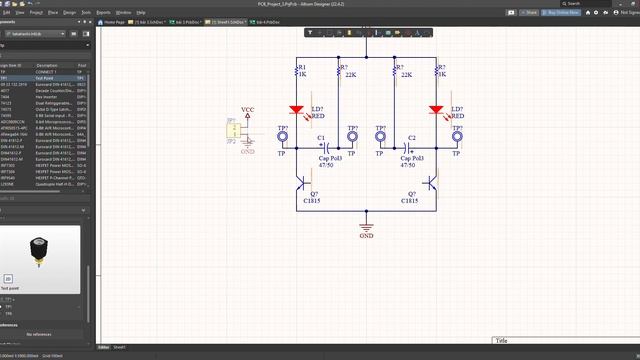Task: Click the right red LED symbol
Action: click(437, 110)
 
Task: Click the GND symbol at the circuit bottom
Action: click(367, 225)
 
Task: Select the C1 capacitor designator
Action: click(321, 137)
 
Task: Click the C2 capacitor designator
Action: click(412, 137)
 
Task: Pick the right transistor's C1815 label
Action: click(410, 201)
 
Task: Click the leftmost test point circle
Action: click(283, 143)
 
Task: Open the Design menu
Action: click(69, 13)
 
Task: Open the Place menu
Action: click(52, 13)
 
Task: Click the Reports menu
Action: click(104, 13)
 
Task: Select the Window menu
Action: click(123, 13)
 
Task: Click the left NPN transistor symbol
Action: click(302, 183)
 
